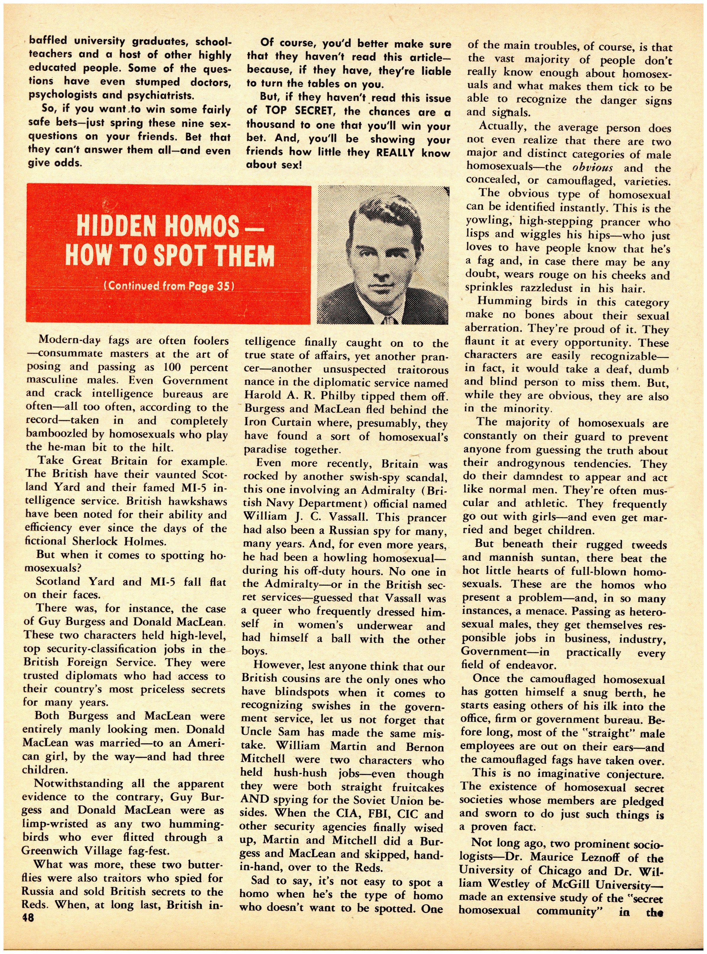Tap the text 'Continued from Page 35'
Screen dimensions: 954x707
coord(169,286)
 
